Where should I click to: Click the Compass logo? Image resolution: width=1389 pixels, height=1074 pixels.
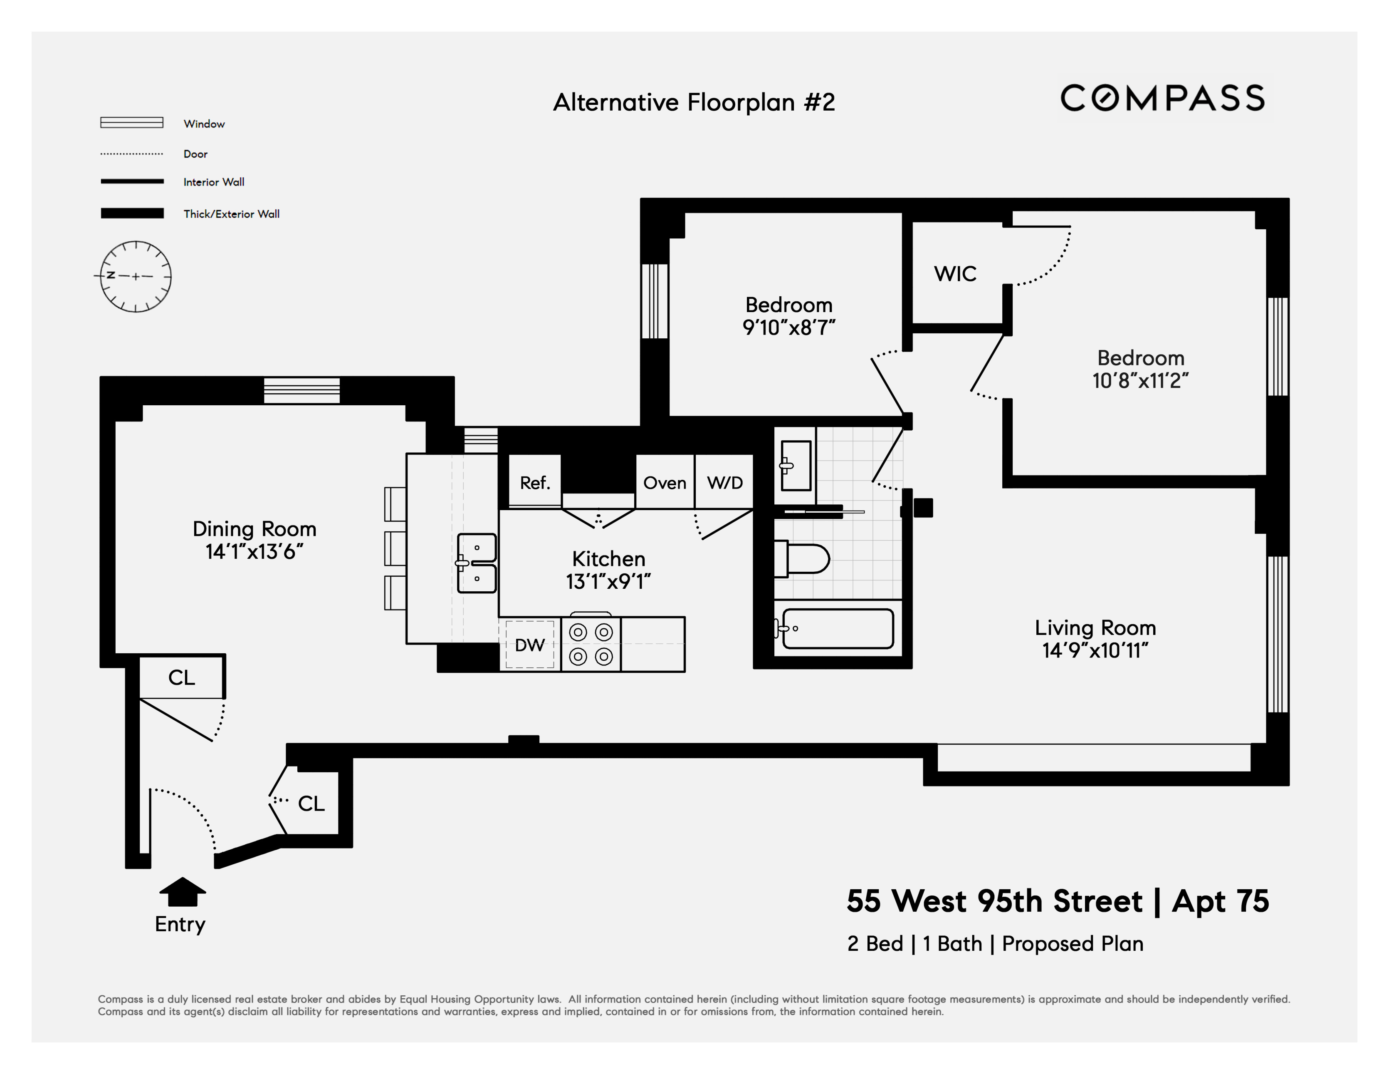coord(1162,98)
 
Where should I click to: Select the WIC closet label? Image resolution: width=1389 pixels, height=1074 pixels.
coord(954,273)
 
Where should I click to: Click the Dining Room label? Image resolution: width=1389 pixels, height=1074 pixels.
coord(255,529)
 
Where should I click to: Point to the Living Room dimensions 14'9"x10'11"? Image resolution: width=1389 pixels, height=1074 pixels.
coord(1095,650)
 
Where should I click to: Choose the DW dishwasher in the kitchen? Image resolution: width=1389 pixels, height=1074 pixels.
coord(530,645)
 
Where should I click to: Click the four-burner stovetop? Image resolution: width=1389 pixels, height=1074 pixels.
coord(591,644)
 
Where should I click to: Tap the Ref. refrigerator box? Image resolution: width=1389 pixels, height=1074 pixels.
coord(535,482)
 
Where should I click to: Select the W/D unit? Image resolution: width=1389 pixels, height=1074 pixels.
coord(724,482)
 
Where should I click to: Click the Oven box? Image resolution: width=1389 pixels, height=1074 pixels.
coord(665,482)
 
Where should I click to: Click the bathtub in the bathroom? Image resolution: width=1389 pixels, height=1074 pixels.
coord(837,629)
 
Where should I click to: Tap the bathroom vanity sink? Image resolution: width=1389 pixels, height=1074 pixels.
coord(795,466)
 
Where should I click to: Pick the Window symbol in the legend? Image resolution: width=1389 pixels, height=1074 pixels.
coord(132,123)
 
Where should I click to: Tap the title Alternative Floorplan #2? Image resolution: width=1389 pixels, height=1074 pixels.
coord(694,102)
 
